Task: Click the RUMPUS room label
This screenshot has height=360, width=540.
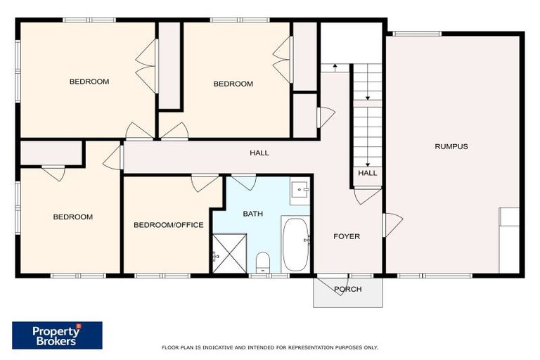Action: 451,146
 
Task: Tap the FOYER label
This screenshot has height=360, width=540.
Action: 346,236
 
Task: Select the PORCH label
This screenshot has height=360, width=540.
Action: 347,289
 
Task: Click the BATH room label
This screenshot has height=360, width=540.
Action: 252,213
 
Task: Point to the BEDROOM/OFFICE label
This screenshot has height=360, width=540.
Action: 169,225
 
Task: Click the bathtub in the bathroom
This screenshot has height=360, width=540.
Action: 295,245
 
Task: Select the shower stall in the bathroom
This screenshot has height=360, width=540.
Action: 226,253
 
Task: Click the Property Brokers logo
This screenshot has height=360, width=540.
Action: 57,335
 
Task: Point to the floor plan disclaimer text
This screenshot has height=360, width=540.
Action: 270,347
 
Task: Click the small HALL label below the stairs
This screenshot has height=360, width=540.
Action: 367,173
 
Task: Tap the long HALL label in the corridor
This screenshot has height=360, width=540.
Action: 259,153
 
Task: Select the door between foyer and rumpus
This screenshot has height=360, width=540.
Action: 392,224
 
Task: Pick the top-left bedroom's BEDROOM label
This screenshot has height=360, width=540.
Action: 89,82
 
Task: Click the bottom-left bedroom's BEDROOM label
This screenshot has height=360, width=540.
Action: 72,217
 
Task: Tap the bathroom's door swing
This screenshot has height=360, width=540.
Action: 244,181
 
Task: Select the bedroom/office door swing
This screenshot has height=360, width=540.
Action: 205,182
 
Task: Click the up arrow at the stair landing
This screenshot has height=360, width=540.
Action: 336,67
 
